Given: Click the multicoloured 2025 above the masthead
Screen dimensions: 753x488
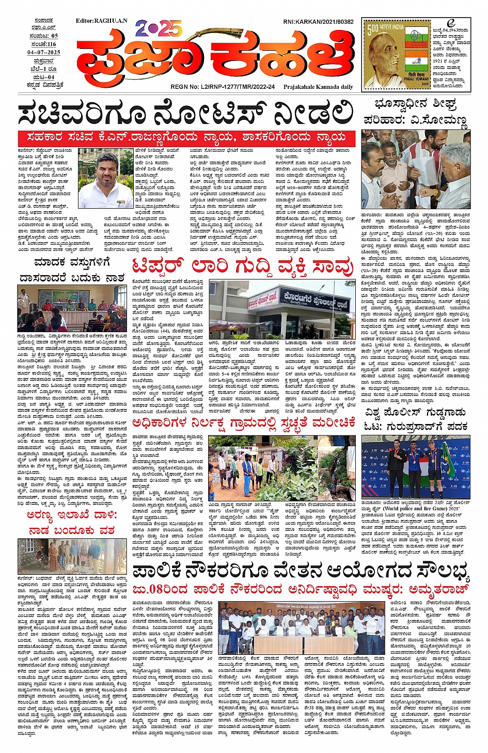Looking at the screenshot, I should pyautogui.click(x=159, y=28).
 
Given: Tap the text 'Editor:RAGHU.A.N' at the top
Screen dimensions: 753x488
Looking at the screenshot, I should pyautogui.click(x=101, y=21).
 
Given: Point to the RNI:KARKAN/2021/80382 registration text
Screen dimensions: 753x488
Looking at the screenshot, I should pyautogui.click(x=318, y=22).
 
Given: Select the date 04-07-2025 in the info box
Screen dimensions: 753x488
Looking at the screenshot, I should pyautogui.click(x=44, y=52).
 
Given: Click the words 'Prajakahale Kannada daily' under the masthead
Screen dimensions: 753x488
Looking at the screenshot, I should pyautogui.click(x=318, y=87).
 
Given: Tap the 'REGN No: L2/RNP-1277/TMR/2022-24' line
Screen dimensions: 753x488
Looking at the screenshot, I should pyautogui.click(x=223, y=87).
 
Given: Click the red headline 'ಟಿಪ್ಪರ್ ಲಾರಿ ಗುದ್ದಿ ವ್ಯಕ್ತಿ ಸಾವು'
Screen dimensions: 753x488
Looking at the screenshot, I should pyautogui.click(x=242, y=268).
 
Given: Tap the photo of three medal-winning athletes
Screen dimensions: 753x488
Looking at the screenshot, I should pyautogui.click(x=416, y=468).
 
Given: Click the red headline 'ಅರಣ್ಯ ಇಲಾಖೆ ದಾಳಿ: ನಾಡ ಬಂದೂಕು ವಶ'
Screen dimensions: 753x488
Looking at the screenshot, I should pyautogui.click(x=72, y=523).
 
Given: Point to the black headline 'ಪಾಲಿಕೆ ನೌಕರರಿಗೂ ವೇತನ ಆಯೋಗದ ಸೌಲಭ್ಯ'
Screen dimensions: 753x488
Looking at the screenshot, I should pyautogui.click(x=301, y=572).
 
